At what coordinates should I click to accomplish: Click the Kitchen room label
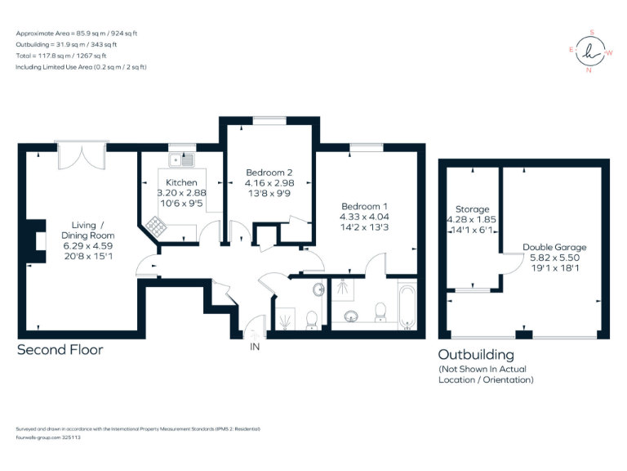pos(181,182)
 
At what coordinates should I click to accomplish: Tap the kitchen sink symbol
pos(180,159)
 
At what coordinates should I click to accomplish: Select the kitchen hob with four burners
pos(155,223)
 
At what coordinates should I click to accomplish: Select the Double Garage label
pos(554,247)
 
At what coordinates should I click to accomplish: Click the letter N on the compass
pos(589,70)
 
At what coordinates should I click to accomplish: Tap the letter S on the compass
pos(591,33)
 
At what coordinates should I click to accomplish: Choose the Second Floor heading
pos(60,350)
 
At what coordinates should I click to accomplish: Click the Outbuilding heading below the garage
pos(476,355)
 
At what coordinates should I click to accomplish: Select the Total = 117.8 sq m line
pos(65,56)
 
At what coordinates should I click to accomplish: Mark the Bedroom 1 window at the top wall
pos(362,147)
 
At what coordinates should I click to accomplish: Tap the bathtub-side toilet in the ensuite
pos(379,311)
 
